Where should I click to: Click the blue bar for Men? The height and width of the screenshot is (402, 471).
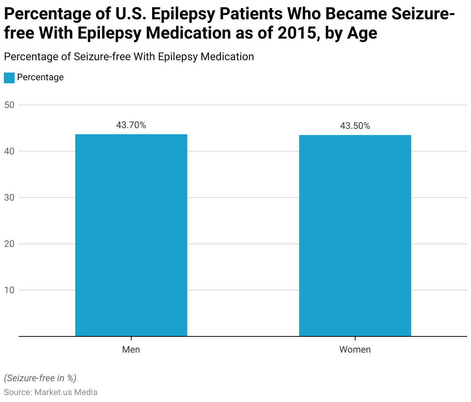[131, 235]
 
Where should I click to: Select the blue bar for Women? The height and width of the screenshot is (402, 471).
[355, 235]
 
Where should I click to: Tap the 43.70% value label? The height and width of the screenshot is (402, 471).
[131, 125]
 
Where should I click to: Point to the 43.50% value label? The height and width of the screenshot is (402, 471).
[355, 126]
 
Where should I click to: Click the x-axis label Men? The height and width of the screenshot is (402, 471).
[131, 350]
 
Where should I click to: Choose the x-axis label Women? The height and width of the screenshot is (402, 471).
[355, 350]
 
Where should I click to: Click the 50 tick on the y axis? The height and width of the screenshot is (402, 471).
[9, 105]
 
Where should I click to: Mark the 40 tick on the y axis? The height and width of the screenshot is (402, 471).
[9, 151]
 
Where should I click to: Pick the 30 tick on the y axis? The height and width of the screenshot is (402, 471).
[9, 198]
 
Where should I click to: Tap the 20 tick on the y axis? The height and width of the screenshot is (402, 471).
[9, 244]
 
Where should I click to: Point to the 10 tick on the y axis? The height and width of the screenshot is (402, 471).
[9, 290]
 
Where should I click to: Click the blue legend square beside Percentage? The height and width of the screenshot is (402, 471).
[9, 78]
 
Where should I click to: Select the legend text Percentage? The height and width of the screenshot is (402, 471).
[40, 77]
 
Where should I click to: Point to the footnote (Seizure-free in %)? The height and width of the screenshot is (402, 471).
[40, 378]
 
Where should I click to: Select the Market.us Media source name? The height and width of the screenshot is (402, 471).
[66, 392]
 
